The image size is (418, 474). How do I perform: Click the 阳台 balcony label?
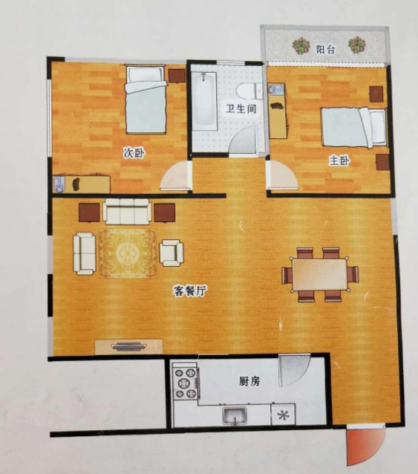click(326, 49)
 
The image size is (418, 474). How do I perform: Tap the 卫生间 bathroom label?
click(241, 108)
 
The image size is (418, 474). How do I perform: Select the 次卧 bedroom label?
click(134, 153)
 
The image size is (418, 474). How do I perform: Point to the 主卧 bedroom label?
click(339, 160)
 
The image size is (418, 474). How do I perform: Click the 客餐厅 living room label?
click(190, 290)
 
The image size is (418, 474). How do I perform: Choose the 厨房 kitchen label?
click(249, 381)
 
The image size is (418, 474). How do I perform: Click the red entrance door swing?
click(365, 445)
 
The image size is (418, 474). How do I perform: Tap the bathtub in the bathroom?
click(204, 101)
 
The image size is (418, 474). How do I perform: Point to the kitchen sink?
click(235, 415)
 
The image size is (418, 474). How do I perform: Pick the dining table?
click(319, 274)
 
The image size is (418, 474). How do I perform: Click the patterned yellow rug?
click(128, 253)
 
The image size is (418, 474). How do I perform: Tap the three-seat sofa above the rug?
click(127, 211)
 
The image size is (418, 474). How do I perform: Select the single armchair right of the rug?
click(172, 253)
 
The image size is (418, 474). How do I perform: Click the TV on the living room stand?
click(128, 346)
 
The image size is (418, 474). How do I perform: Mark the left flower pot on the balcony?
click(301, 45)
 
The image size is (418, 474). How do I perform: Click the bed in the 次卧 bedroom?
click(146, 100)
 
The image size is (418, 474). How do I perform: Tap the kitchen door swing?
click(293, 370)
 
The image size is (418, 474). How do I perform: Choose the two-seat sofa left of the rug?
click(84, 253)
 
